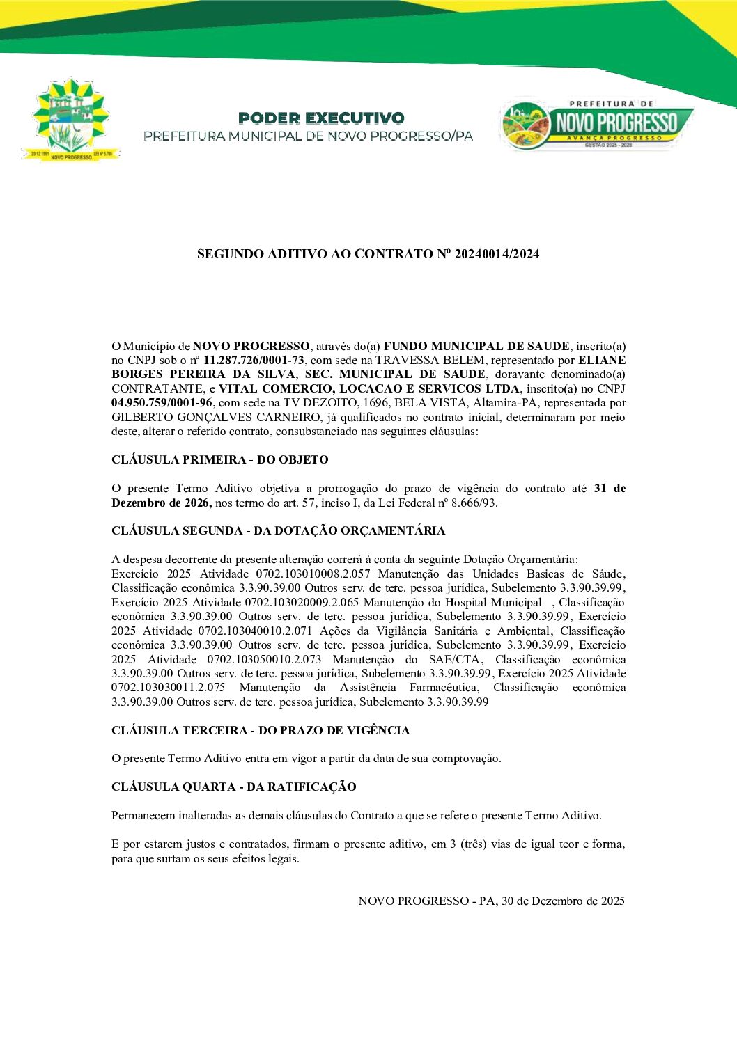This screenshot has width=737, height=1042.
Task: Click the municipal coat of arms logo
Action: (x=70, y=120)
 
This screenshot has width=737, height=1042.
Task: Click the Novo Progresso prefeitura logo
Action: (x=597, y=124)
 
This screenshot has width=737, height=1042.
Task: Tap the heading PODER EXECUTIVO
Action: (x=320, y=118)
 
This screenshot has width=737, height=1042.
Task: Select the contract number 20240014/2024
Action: (x=497, y=254)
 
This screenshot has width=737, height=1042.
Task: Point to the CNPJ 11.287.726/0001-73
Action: (x=254, y=361)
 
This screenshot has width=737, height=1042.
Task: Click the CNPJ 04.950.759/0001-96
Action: (x=162, y=403)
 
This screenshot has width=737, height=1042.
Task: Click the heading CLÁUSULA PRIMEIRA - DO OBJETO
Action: (x=219, y=460)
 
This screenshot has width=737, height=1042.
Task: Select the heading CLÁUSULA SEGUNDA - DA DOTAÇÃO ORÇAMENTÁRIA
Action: (x=278, y=530)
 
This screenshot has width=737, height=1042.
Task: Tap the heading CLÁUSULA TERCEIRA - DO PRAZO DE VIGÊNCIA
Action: (x=261, y=730)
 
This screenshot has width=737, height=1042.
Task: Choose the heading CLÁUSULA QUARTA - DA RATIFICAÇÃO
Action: (x=233, y=787)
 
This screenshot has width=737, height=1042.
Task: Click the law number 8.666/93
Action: (x=473, y=503)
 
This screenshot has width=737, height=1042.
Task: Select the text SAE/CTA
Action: (x=456, y=659)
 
